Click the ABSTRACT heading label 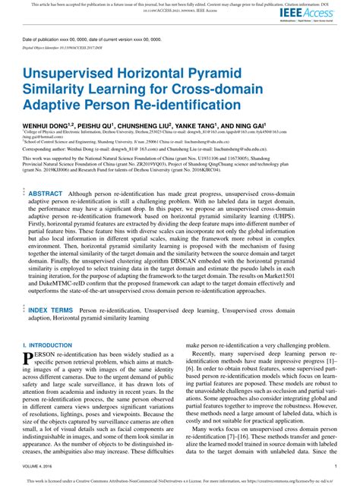[45, 194]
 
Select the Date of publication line [83, 38]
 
